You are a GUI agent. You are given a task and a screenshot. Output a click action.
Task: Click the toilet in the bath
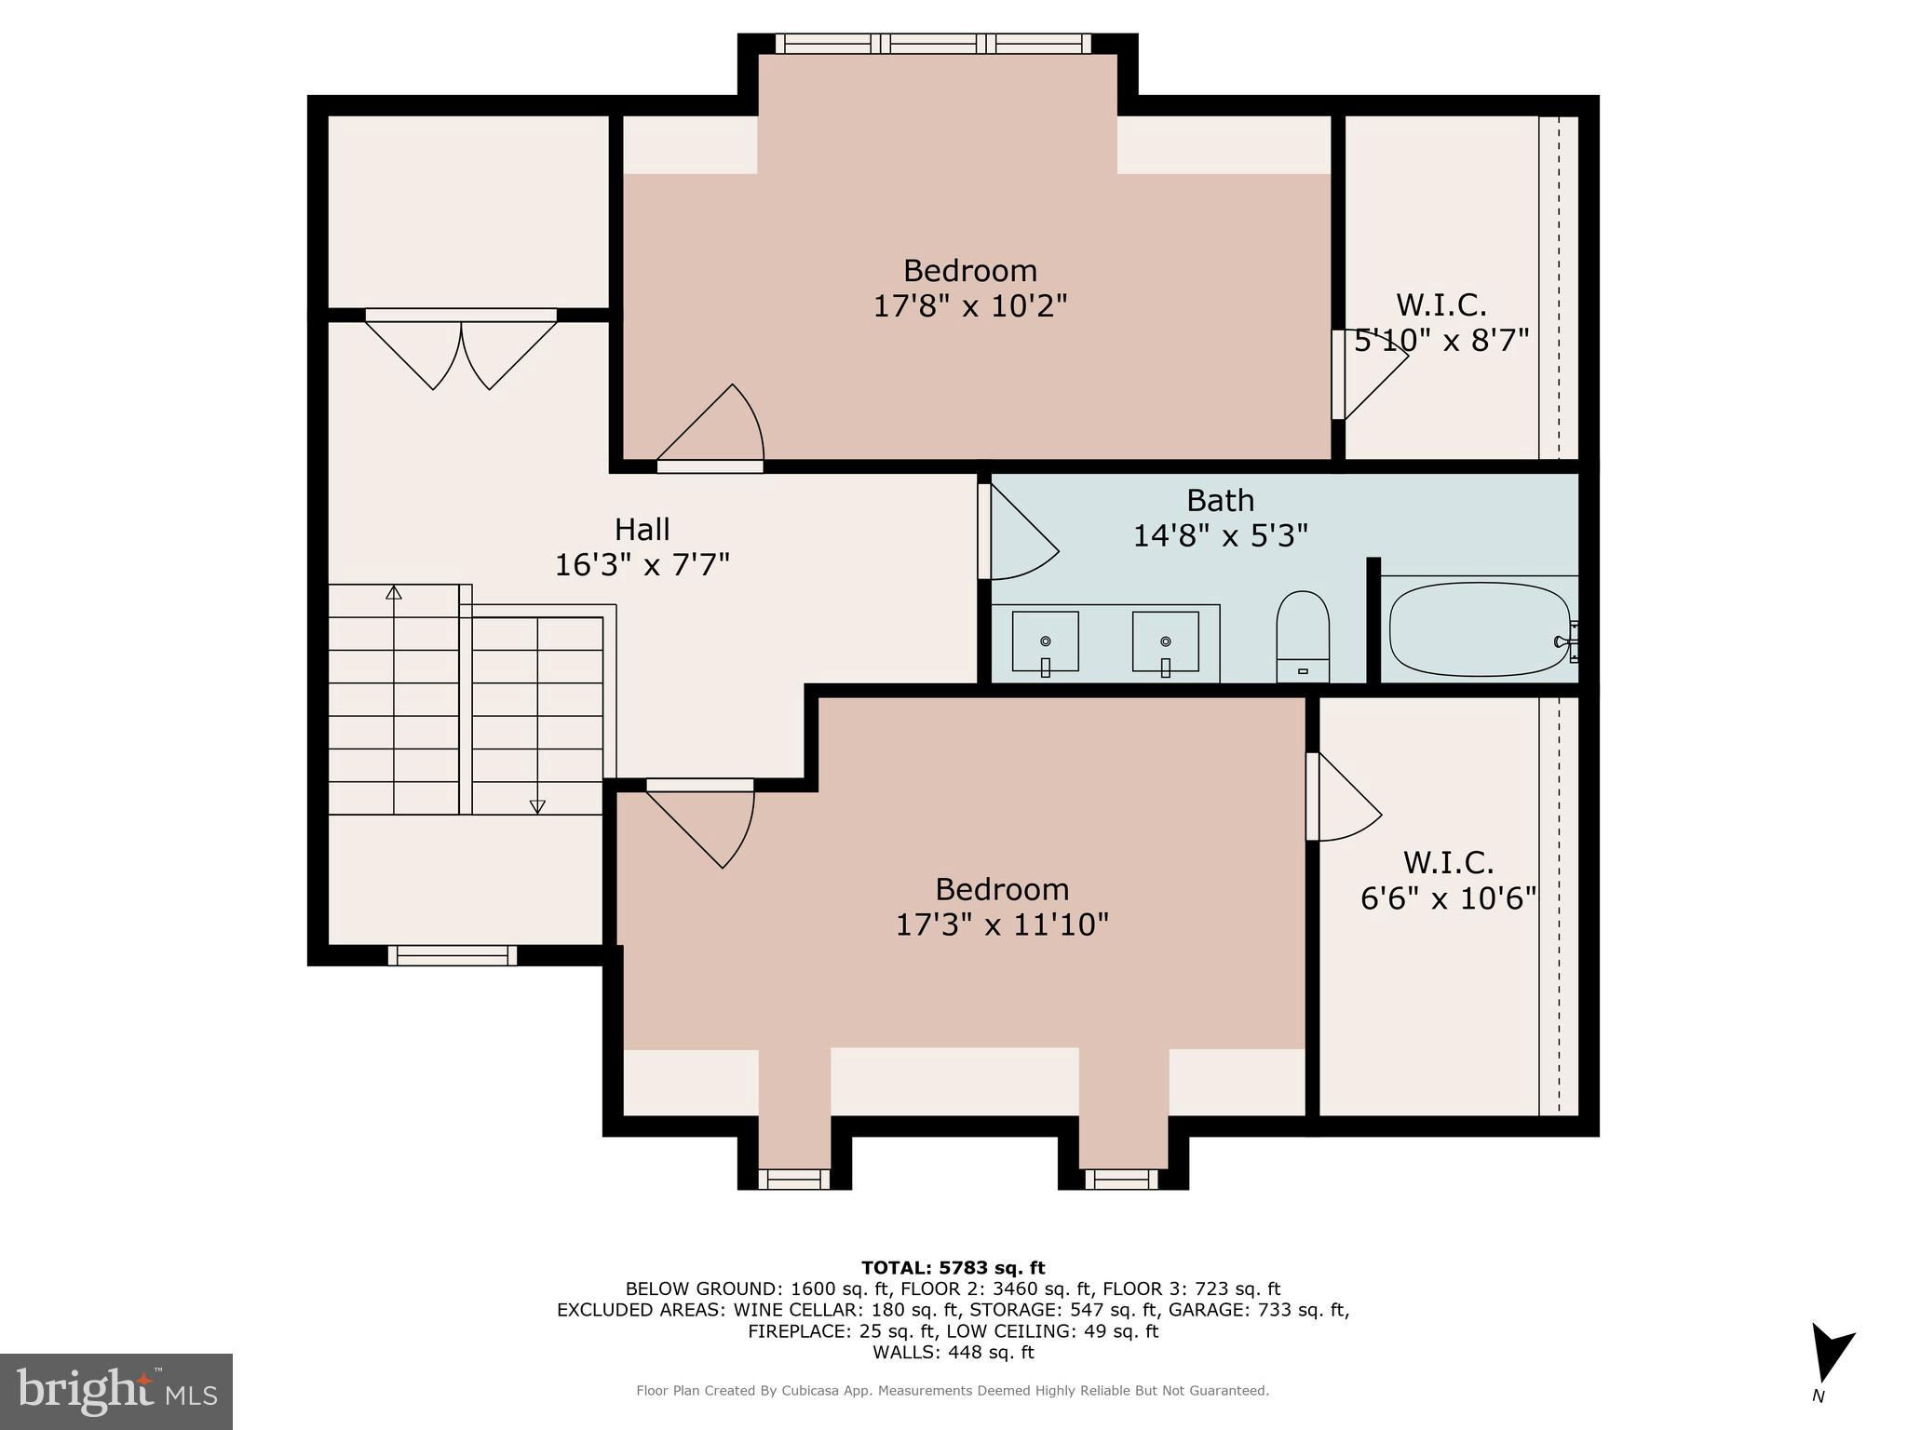tap(1303, 637)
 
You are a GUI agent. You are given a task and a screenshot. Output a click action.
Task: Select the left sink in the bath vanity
tap(1046, 641)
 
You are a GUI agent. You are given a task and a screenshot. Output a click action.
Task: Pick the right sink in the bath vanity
tap(1165, 641)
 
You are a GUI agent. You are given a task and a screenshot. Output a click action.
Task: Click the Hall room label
tap(642, 529)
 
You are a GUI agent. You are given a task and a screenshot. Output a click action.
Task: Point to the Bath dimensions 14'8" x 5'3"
tap(1220, 535)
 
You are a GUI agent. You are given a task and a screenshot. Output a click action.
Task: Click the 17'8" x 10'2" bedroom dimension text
tap(969, 305)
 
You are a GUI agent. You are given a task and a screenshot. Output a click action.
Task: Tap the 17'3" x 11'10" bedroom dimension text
tap(1002, 924)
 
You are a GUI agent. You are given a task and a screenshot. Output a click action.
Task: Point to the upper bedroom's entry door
tap(710, 424)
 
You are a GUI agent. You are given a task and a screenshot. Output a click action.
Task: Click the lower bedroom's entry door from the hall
tap(700, 823)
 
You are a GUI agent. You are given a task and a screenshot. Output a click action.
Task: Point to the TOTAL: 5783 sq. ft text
tap(953, 1267)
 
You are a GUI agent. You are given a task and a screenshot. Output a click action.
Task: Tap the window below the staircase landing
tap(453, 955)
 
